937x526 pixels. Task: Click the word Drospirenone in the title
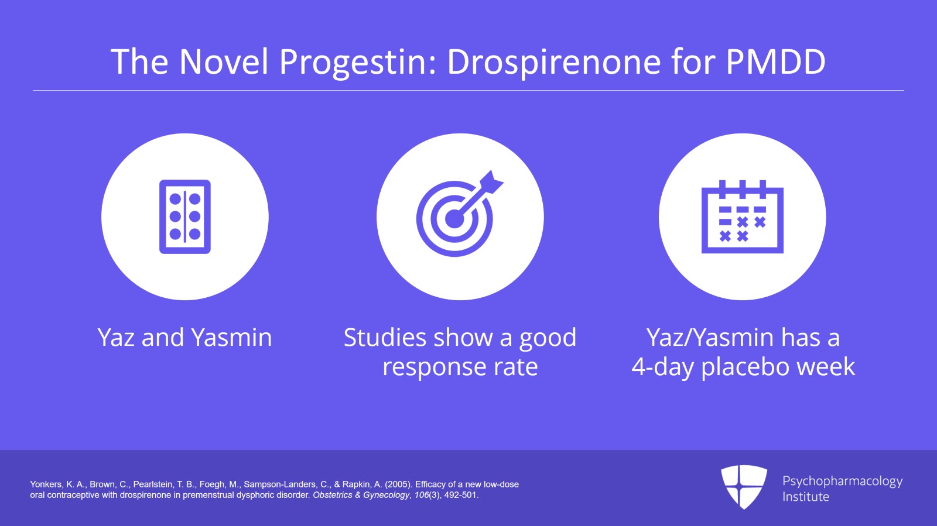pyautogui.click(x=554, y=62)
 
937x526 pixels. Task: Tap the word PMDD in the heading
pyautogui.click(x=776, y=62)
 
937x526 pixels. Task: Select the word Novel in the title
pyautogui.click(x=224, y=62)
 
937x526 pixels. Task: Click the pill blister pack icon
pyautogui.click(x=185, y=216)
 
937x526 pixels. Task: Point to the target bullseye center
pyautogui.click(x=454, y=219)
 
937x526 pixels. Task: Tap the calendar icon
pyautogui.click(x=742, y=216)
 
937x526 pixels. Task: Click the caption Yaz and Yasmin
pyautogui.click(x=184, y=338)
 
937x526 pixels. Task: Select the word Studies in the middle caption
pyautogui.click(x=385, y=338)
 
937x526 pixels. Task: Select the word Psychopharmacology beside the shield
pyautogui.click(x=842, y=481)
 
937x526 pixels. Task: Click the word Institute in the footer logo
pyautogui.click(x=805, y=497)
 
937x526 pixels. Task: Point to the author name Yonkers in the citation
pyautogui.click(x=46, y=484)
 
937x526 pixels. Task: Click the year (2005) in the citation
pyautogui.click(x=398, y=484)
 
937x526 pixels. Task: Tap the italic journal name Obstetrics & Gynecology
pyautogui.click(x=361, y=495)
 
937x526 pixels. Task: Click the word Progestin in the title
pyautogui.click(x=358, y=62)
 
